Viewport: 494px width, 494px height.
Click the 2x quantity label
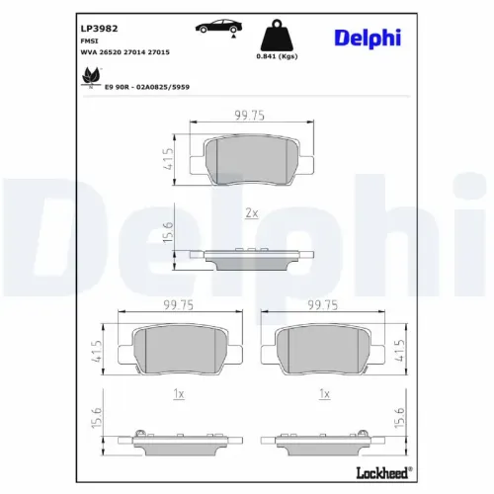(252, 213)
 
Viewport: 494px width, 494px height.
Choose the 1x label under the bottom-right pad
(324, 392)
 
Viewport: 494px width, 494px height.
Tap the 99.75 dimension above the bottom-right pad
(324, 307)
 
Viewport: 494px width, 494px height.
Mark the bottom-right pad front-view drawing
(324, 349)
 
